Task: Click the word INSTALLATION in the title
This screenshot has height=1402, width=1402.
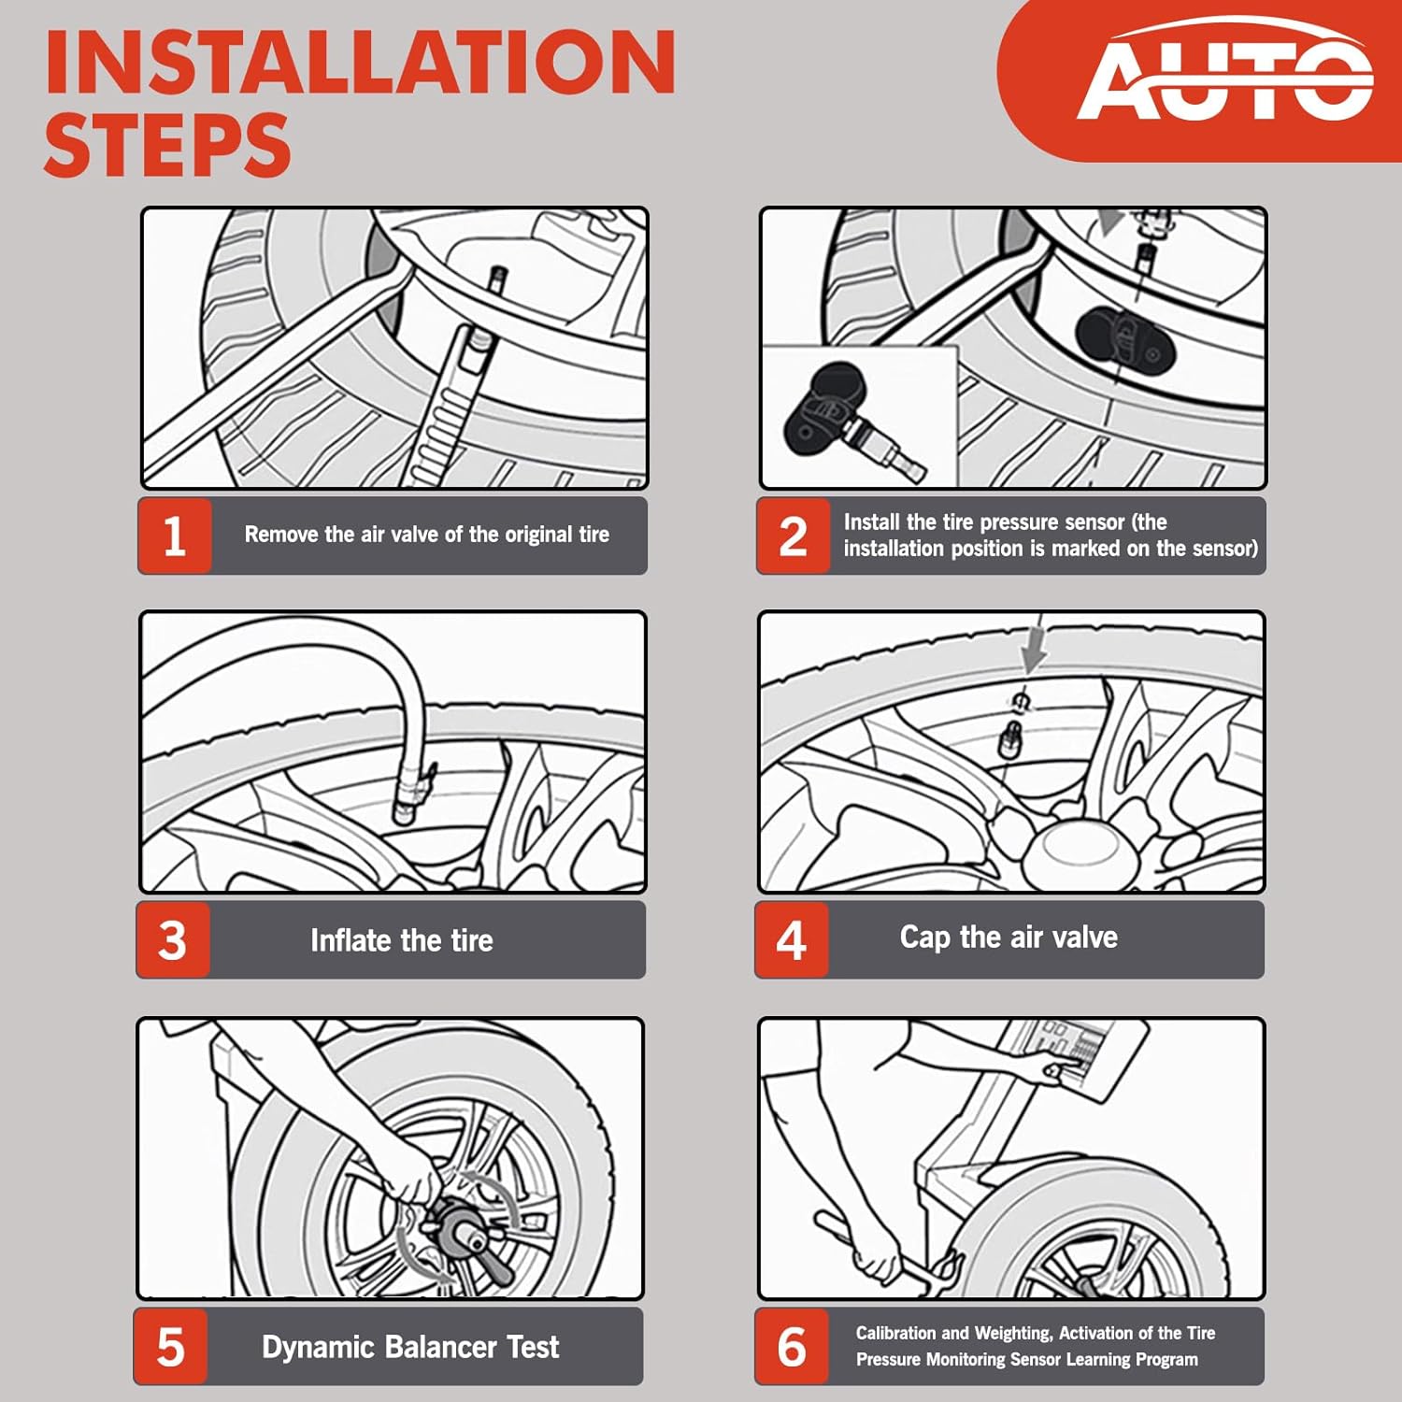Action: (360, 62)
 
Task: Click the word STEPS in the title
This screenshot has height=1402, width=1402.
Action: (167, 145)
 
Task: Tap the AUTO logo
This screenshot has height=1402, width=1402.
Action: (1225, 75)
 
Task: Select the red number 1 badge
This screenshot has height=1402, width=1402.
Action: (175, 536)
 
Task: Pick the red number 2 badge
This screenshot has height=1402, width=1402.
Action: (794, 536)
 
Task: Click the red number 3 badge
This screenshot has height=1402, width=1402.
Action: (173, 940)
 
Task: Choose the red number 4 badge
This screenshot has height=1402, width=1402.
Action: (792, 940)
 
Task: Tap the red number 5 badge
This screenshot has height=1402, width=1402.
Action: (170, 1347)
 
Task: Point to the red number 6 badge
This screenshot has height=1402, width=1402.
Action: (792, 1347)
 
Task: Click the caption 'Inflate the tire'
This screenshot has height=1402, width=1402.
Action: (402, 940)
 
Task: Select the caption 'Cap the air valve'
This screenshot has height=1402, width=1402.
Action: (1009, 937)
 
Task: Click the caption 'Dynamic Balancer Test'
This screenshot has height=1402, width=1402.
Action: (410, 1347)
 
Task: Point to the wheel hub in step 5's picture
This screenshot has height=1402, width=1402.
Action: (455, 1226)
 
